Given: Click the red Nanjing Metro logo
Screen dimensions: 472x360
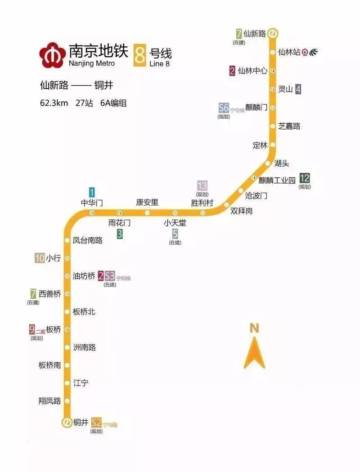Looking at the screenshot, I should [52, 54].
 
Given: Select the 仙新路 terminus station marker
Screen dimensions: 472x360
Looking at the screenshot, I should [273, 33].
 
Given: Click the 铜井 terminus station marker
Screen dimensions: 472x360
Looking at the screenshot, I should [67, 422].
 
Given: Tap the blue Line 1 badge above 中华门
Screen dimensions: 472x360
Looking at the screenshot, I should [92, 192].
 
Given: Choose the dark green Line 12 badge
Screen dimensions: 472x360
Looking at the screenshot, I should [305, 178].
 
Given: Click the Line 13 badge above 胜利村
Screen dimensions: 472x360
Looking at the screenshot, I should [202, 185].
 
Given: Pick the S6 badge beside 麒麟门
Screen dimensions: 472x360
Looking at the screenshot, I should [224, 108].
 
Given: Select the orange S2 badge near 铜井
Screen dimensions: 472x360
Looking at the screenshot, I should [96, 422].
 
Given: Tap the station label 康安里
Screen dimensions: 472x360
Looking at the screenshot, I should [147, 202].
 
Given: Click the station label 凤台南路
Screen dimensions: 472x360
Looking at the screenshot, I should [88, 240].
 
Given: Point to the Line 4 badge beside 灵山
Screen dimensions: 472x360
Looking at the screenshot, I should [297, 89].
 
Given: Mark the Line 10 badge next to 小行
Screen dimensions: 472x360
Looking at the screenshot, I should [39, 258].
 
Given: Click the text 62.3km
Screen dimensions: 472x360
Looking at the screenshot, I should [54, 103].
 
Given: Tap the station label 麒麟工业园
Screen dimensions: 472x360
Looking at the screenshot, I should [277, 180].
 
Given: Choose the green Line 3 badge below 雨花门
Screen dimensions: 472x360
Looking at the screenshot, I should [120, 234].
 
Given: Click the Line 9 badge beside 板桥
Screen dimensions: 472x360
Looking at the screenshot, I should [32, 329].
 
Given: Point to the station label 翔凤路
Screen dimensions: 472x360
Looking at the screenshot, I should [50, 401].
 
